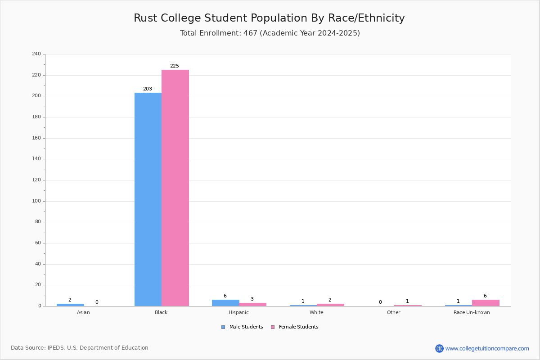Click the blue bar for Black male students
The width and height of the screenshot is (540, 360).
[x=148, y=199]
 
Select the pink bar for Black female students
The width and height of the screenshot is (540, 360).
[x=175, y=188]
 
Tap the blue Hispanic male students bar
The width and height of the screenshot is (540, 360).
[x=225, y=303]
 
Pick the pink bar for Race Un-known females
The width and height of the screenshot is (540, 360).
[x=486, y=303]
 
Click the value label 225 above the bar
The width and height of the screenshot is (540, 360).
[x=175, y=66]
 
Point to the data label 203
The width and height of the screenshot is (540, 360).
[x=148, y=89]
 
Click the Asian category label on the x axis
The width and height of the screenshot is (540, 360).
[x=83, y=312]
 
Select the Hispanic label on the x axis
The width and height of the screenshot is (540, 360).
[x=238, y=312]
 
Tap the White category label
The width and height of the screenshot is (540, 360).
[x=316, y=312]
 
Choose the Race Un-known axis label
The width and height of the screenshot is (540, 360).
[x=472, y=312]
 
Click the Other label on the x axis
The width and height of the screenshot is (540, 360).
[x=394, y=312]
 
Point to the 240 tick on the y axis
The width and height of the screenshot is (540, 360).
[x=36, y=54]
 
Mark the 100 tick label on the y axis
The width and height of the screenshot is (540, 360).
[x=36, y=201]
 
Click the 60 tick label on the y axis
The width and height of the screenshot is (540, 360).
[x=38, y=243]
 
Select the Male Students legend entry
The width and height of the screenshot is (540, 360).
[x=242, y=327]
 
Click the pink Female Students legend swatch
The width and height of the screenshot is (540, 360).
[x=273, y=327]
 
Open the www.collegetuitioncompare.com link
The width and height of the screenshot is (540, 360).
[x=487, y=348]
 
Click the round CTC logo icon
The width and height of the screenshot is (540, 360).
[x=439, y=348]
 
